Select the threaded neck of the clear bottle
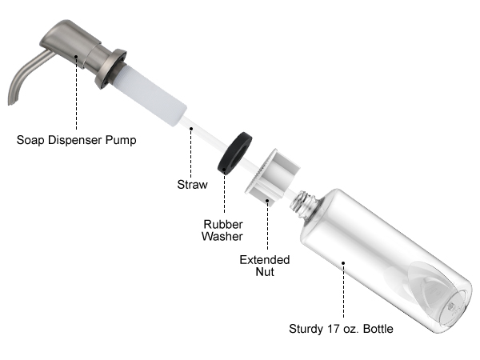pos(302,203)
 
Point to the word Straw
pos(192,185)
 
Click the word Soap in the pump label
pos(30,140)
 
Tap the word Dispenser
pos(75,140)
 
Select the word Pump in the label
pos(121,140)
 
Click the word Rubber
pos(223,224)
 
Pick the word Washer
pos(222,236)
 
